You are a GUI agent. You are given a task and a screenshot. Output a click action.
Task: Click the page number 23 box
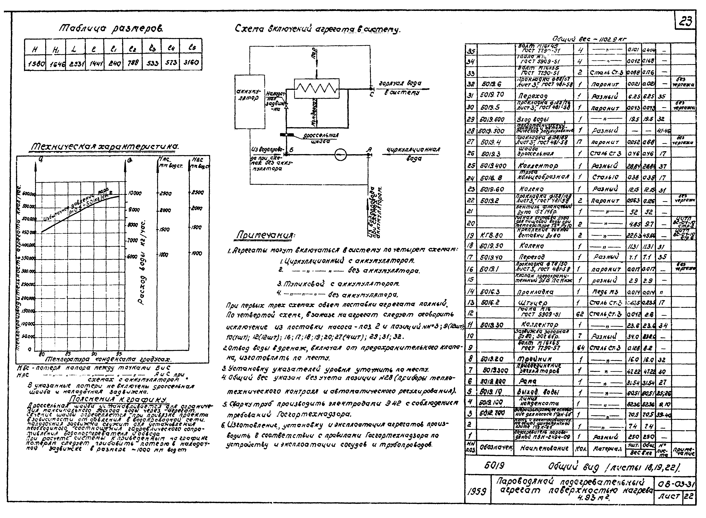click(x=686, y=22)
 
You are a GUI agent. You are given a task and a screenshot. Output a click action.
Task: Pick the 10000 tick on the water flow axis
click(x=135, y=194)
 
